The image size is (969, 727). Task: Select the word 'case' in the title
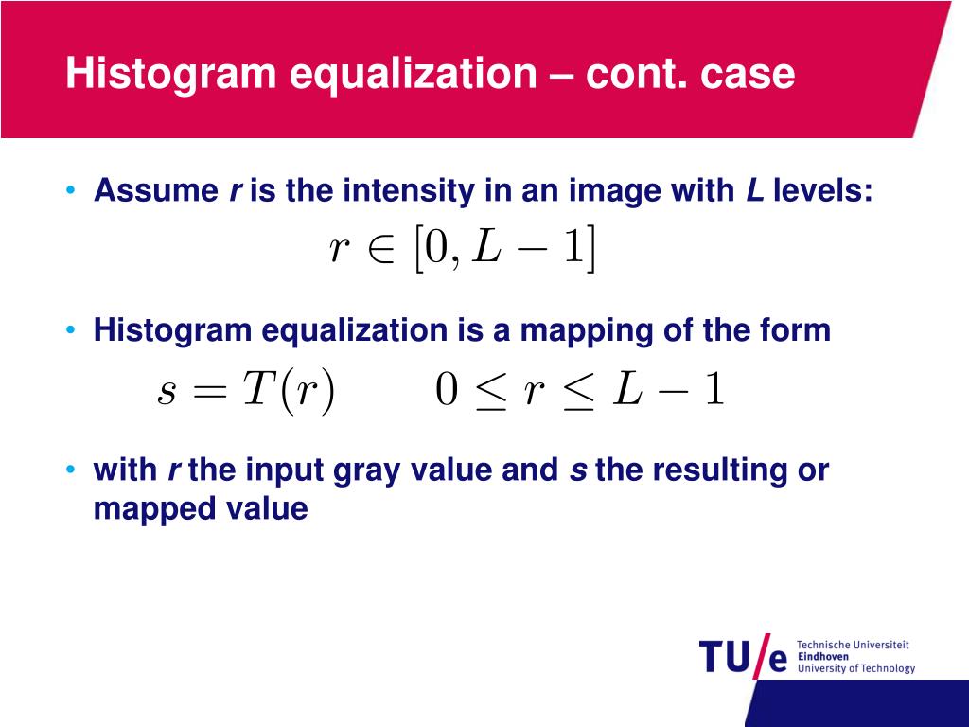tap(748, 74)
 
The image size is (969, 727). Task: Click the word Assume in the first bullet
tap(156, 191)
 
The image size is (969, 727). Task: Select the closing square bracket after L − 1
tap(590, 249)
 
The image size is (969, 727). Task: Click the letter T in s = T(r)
tap(258, 390)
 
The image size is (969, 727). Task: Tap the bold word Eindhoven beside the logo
tap(823, 656)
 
